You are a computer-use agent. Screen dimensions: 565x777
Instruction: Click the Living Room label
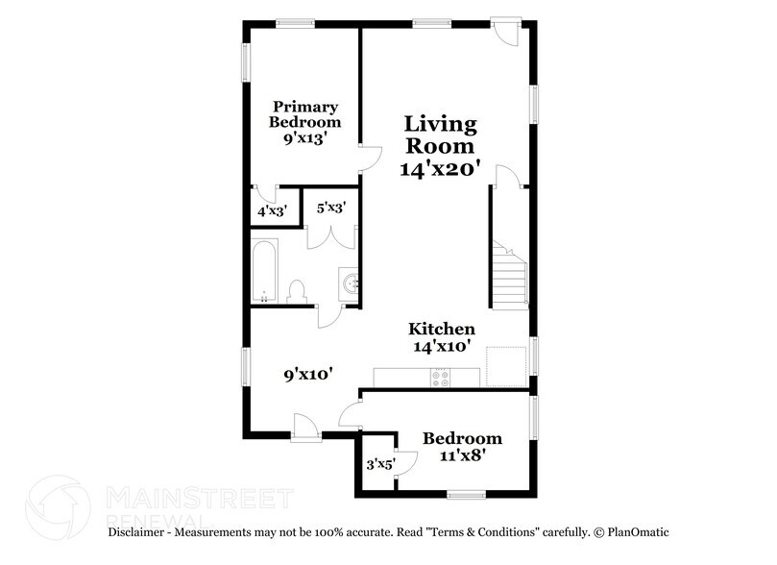click(x=439, y=135)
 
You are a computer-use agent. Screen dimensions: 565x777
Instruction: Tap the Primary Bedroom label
click(x=304, y=114)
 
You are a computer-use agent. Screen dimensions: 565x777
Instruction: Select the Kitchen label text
click(x=442, y=329)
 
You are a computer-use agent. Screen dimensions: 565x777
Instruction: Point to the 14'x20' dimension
click(x=439, y=167)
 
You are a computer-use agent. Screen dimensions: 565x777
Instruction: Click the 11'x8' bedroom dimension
click(x=462, y=457)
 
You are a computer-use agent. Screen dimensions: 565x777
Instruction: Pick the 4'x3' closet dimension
click(x=272, y=210)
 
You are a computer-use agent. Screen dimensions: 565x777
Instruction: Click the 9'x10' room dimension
click(x=307, y=375)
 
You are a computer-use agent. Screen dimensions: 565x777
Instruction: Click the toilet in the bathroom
click(x=297, y=290)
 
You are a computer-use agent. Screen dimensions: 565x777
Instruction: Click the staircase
click(x=511, y=274)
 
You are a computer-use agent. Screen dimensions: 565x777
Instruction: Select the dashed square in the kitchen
click(x=506, y=365)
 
